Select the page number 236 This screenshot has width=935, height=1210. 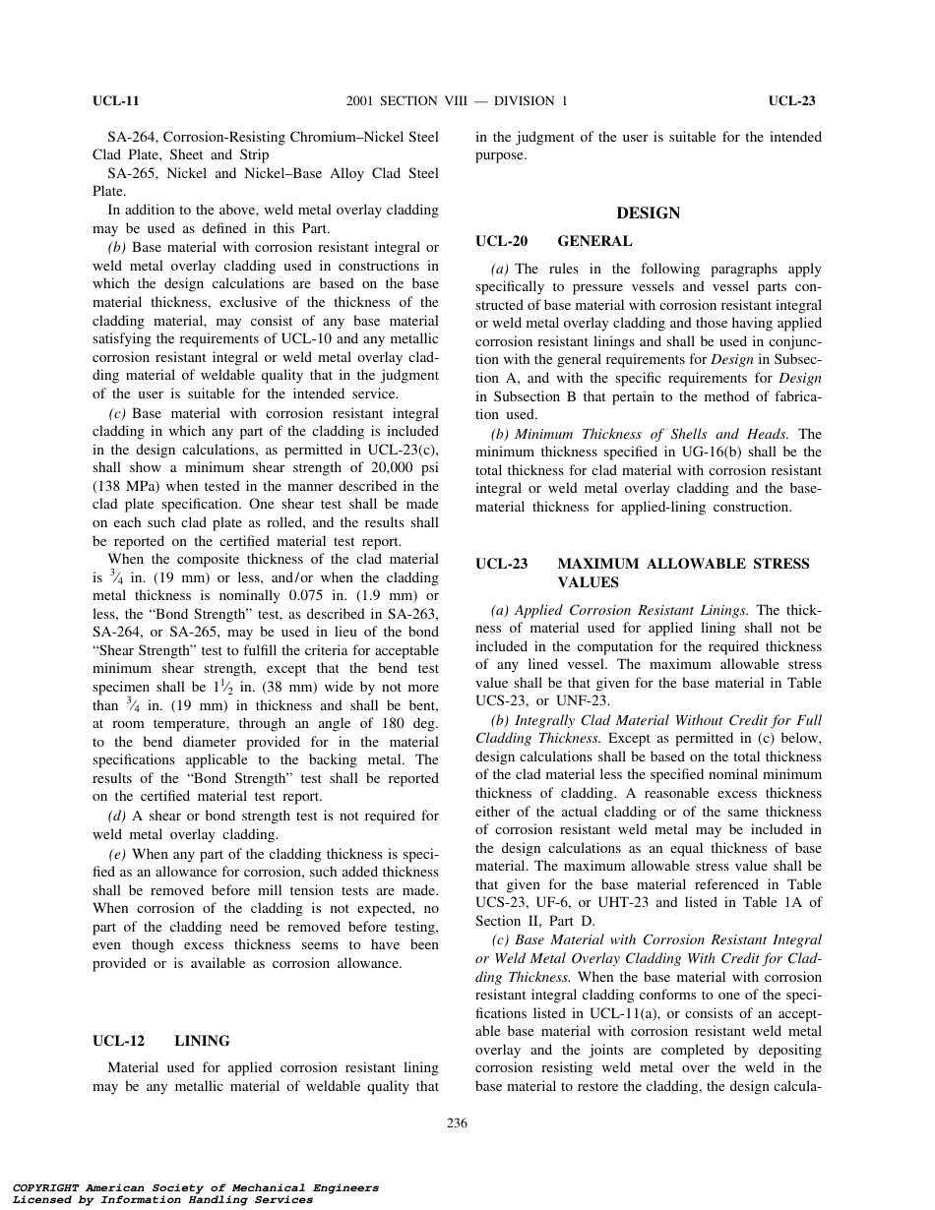tap(457, 1123)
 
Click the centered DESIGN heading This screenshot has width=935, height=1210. tap(648, 213)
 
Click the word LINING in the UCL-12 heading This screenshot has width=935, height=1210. tap(202, 1041)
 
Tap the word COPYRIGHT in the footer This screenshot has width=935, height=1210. tap(45, 1188)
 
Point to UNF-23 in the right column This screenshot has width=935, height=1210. tap(588, 700)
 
